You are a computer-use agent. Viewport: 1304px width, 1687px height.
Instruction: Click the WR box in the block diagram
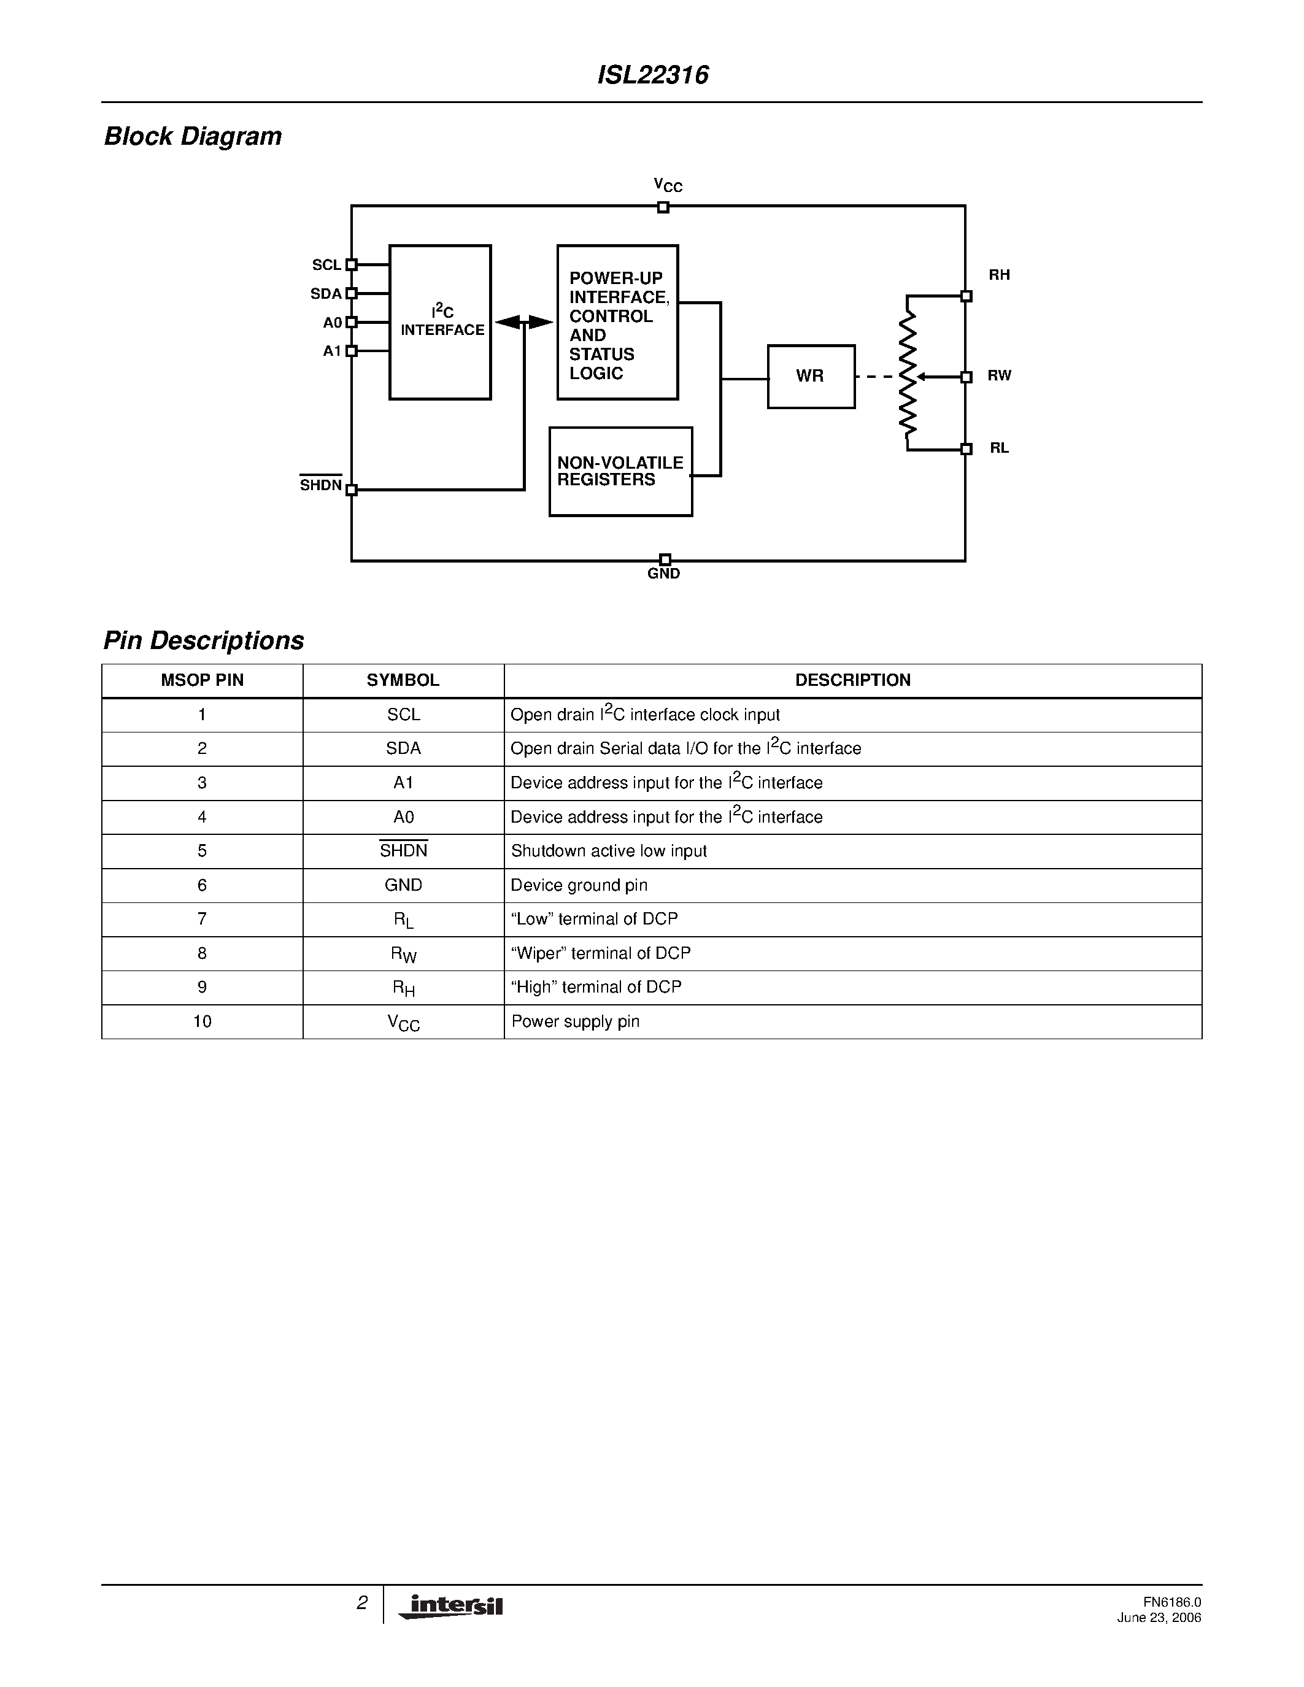(x=811, y=376)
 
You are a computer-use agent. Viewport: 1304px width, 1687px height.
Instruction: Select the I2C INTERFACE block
(x=441, y=322)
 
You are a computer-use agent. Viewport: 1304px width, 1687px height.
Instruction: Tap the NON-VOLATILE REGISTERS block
(x=620, y=471)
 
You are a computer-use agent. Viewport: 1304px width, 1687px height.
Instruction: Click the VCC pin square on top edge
(x=663, y=207)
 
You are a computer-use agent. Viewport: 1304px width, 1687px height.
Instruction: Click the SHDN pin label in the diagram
(x=320, y=485)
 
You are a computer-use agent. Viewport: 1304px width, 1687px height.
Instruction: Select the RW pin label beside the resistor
(x=999, y=376)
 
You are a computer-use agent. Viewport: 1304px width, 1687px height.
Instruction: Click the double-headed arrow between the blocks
(x=524, y=322)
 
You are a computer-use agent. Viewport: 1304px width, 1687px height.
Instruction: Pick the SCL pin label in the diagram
(x=326, y=265)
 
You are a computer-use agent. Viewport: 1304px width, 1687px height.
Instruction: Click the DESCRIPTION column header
(x=853, y=680)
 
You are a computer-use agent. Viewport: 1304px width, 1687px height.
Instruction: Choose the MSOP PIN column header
(x=203, y=680)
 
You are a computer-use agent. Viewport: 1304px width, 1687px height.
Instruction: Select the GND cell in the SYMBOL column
(x=403, y=885)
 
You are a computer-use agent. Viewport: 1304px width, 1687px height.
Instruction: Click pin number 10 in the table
(x=203, y=1021)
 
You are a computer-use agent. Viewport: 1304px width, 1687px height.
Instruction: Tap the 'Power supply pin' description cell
(x=576, y=1021)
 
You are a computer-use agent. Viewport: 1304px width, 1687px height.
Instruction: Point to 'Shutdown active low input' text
(x=609, y=851)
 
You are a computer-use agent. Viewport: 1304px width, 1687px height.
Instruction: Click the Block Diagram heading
(x=193, y=137)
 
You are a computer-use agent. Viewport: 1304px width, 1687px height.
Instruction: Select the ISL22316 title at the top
(x=653, y=75)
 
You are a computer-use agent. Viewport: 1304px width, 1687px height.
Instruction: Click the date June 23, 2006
(x=1159, y=1618)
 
